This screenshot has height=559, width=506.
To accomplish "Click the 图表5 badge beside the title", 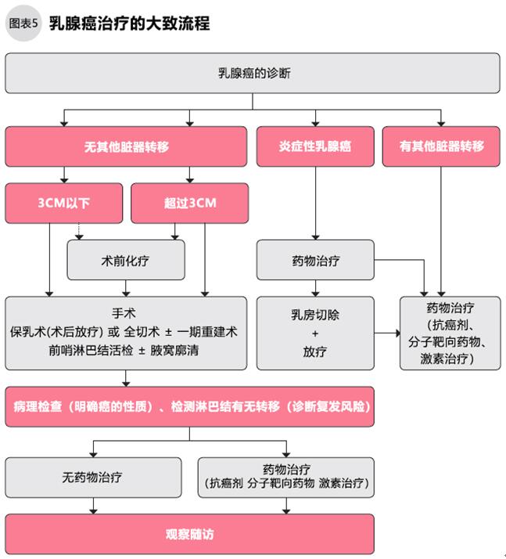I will [x=23, y=23].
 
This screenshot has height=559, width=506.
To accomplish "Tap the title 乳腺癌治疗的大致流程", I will [x=129, y=23].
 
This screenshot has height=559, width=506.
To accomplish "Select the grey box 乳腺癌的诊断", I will [x=252, y=73].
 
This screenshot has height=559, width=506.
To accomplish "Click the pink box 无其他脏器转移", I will [x=127, y=146].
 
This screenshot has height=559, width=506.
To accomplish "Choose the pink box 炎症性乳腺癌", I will [x=315, y=146].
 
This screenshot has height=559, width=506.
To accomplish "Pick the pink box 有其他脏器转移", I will [x=441, y=146].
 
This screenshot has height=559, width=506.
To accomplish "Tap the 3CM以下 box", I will [x=64, y=203].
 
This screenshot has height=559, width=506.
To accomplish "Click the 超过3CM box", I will [x=190, y=203].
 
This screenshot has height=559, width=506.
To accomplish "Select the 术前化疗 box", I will [x=127, y=260].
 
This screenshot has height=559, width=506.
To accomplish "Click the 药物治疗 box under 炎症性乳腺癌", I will [x=315, y=260].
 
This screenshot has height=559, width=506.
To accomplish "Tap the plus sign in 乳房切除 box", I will [x=315, y=333].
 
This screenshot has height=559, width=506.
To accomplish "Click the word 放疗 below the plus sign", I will [x=315, y=352].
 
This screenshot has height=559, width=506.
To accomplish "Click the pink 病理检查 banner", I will [x=190, y=407].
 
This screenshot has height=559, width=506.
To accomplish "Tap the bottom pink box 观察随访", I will [x=190, y=534].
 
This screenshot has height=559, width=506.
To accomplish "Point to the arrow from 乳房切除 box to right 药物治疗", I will [x=386, y=333].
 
